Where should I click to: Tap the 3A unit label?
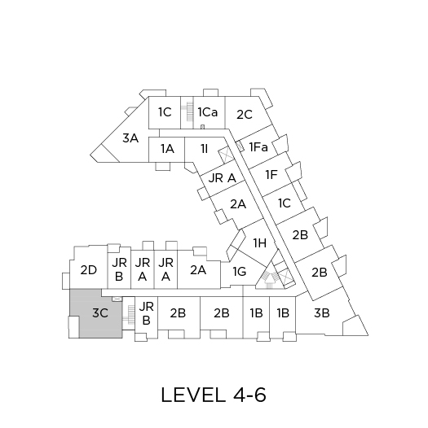(130, 138)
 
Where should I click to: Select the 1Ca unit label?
(208, 112)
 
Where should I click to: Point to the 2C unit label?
(245, 115)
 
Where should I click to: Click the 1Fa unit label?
(258, 147)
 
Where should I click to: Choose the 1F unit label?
(271, 175)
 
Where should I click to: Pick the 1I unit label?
(205, 149)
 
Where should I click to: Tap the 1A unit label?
(167, 149)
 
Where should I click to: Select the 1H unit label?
(259, 243)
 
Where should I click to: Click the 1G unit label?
(240, 272)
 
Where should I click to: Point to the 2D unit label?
(89, 270)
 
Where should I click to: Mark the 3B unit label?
(322, 313)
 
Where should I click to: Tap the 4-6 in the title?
(249, 395)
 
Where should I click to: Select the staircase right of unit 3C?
(130, 314)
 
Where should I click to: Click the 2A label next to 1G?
(198, 270)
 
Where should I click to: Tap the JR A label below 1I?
(222, 178)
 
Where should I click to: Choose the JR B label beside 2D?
(119, 269)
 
